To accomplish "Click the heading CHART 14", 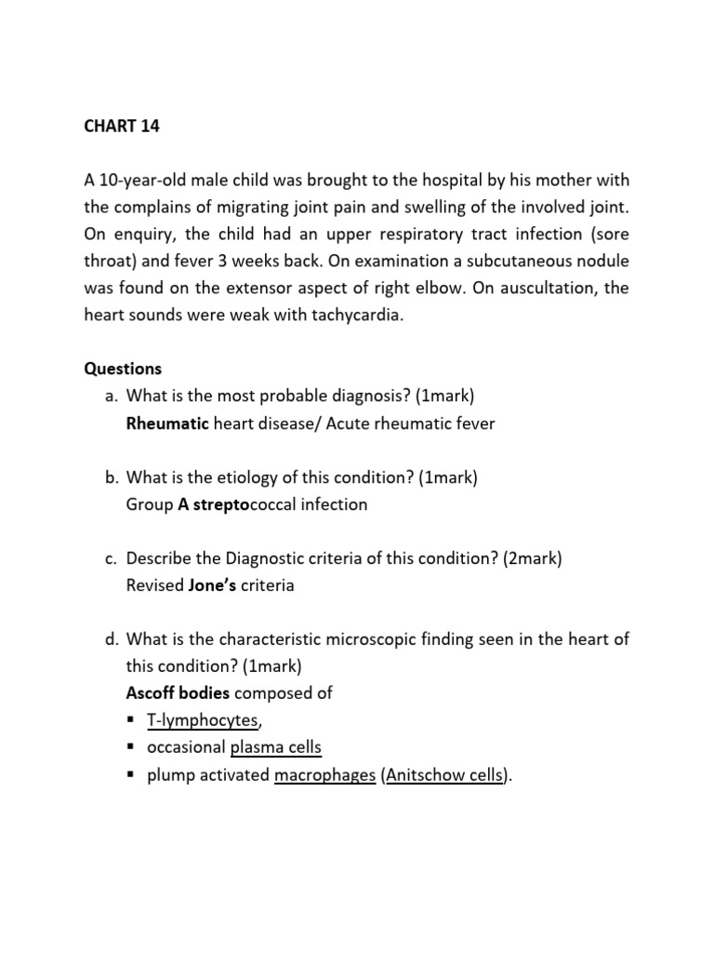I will pos(122,127).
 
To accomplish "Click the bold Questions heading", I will pos(123,369).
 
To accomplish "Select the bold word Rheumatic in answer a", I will pos(167,423).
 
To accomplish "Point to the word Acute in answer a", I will pos(348,423).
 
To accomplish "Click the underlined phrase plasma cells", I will pos(276,747).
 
